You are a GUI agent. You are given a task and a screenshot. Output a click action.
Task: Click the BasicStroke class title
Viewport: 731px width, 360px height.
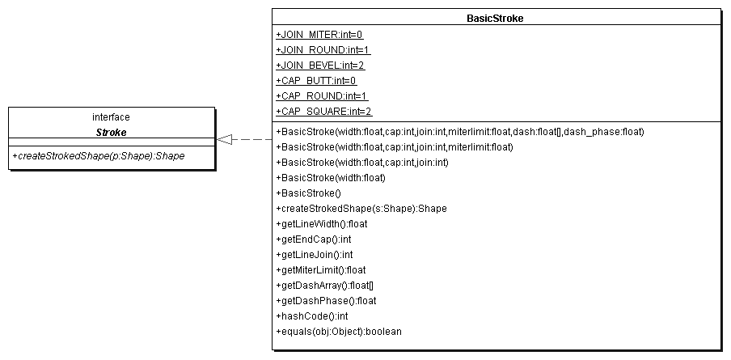[x=495, y=19]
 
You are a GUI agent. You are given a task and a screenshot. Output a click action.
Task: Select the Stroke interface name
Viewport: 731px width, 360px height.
[x=111, y=133]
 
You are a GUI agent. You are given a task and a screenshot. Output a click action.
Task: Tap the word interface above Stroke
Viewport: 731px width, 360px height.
[x=111, y=117]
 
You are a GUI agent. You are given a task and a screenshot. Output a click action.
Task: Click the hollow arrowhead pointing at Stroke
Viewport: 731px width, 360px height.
[x=224, y=139]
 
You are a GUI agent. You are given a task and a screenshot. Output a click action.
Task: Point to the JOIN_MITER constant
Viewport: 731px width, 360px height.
[x=319, y=35]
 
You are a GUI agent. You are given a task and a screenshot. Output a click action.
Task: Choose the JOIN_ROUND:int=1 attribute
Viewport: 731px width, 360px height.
[x=323, y=50]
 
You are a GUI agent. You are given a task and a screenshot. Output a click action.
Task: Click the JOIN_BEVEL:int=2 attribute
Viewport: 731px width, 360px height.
[x=320, y=66]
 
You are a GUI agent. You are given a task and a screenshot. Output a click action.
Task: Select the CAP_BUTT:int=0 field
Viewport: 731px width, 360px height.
[x=316, y=81]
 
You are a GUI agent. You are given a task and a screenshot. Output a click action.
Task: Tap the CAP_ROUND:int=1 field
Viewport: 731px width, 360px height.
[x=322, y=96]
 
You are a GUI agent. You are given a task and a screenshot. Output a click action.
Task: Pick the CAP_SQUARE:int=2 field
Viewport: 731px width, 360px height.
[x=324, y=112]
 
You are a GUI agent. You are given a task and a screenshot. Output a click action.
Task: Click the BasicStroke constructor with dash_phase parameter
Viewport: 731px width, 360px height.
[x=460, y=132]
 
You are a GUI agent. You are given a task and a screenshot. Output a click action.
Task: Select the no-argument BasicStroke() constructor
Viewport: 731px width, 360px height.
[x=309, y=193]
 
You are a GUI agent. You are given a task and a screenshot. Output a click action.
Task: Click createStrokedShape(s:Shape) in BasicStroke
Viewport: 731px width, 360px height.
[x=361, y=209]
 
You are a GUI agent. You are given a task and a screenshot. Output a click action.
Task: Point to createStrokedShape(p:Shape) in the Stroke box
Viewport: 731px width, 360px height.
[x=99, y=156]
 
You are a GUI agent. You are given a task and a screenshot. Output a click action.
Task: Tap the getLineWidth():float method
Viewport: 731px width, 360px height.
[x=322, y=224]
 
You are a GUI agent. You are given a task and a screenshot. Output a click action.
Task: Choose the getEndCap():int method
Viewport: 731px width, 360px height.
[x=314, y=239]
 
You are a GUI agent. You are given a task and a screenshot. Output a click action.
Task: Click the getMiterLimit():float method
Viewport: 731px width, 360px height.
[x=321, y=270]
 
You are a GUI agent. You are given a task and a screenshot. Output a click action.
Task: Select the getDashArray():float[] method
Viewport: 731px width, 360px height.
[x=324, y=286]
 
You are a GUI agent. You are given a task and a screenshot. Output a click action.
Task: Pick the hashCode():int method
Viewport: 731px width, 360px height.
[x=312, y=316]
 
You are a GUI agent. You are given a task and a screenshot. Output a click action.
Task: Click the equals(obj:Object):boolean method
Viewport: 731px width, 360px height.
[x=339, y=332]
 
